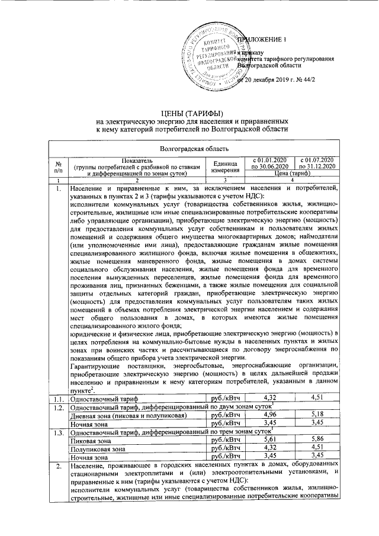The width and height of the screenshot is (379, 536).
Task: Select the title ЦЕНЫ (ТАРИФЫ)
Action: [192, 113]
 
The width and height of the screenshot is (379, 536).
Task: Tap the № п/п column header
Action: [59, 167]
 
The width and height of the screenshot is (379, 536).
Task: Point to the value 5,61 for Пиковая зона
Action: [270, 440]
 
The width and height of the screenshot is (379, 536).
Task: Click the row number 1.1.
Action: [58, 398]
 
